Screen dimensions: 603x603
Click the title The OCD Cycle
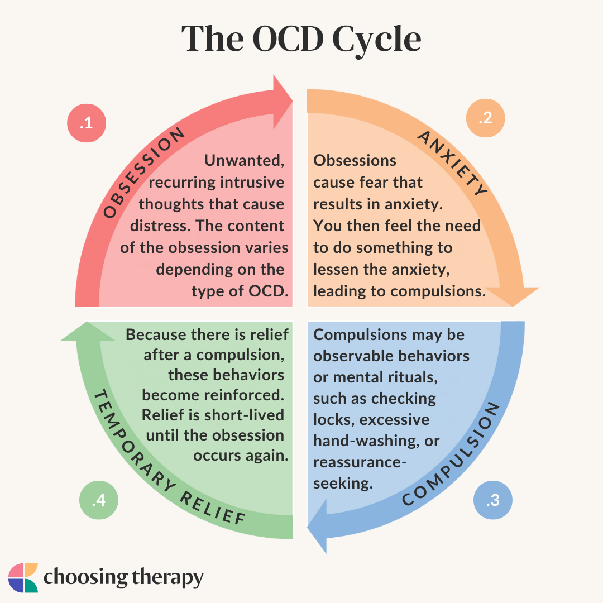pyautogui.click(x=301, y=39)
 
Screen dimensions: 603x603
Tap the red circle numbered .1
pyautogui.click(x=87, y=124)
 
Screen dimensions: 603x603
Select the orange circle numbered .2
pyautogui.click(x=485, y=118)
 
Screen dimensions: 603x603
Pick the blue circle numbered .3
pyautogui.click(x=492, y=501)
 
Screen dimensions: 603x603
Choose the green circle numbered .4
pyautogui.click(x=98, y=500)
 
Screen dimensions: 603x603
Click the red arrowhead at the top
pyautogui.click(x=281, y=100)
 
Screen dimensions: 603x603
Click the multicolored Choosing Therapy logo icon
pyautogui.click(x=23, y=577)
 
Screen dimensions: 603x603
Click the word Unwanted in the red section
pyautogui.click(x=245, y=161)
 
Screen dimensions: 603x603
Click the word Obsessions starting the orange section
pyautogui.click(x=355, y=161)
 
